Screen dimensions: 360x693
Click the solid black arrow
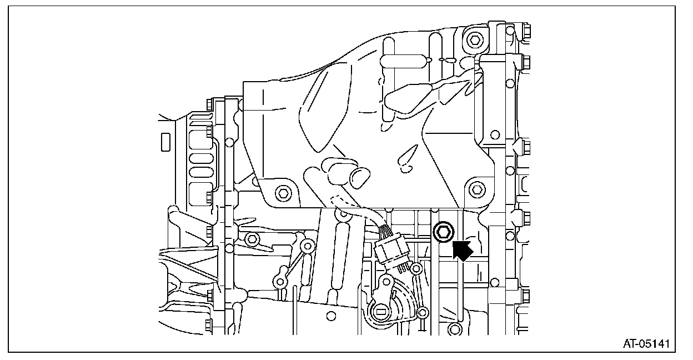[462, 250]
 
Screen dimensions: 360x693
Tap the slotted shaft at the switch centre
[380, 312]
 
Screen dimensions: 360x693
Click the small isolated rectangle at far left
[165, 142]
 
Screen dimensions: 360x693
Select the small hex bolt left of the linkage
[252, 239]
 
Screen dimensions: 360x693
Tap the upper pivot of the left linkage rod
[305, 245]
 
